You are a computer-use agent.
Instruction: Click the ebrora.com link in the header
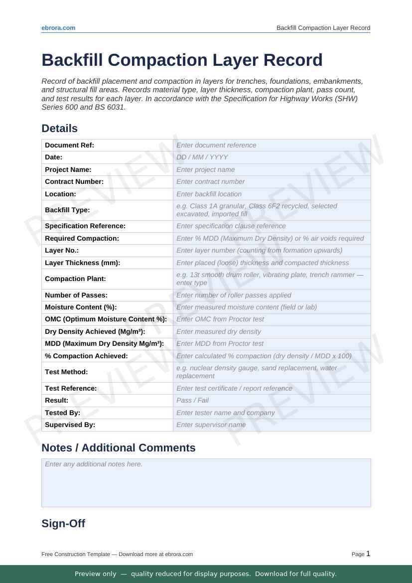click(58, 28)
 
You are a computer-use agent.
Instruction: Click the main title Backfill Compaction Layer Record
click(182, 60)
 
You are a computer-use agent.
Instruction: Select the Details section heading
click(59, 129)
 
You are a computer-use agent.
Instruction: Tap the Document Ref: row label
click(69, 145)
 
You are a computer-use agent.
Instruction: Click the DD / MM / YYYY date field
click(272, 157)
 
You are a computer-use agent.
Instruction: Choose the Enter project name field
click(272, 169)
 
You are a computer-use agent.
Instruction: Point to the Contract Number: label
click(74, 182)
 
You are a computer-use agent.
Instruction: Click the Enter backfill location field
click(272, 194)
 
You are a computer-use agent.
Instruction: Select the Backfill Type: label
click(67, 210)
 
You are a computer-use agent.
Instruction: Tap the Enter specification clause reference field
click(272, 226)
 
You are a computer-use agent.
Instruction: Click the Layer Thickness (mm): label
click(83, 263)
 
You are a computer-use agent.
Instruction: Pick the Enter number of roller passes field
click(272, 295)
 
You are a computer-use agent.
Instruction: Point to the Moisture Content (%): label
click(81, 307)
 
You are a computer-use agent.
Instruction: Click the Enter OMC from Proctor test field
click(272, 319)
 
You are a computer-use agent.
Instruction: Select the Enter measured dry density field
click(272, 331)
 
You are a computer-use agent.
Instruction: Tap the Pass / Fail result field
click(272, 401)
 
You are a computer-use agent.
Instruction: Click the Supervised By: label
click(70, 425)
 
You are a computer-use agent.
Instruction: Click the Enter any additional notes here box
click(206, 482)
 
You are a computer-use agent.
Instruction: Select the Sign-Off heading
click(63, 524)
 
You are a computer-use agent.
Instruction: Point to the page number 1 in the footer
click(368, 554)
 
